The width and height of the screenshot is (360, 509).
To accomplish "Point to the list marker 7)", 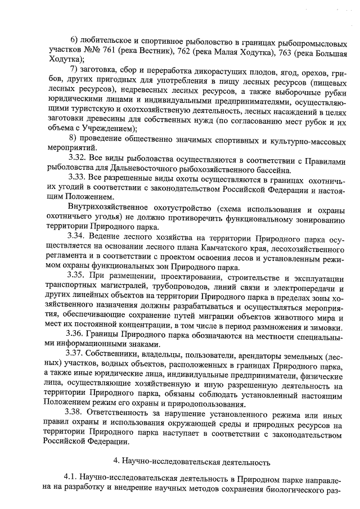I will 75,69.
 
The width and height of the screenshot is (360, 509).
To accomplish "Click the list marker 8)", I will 75,138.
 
